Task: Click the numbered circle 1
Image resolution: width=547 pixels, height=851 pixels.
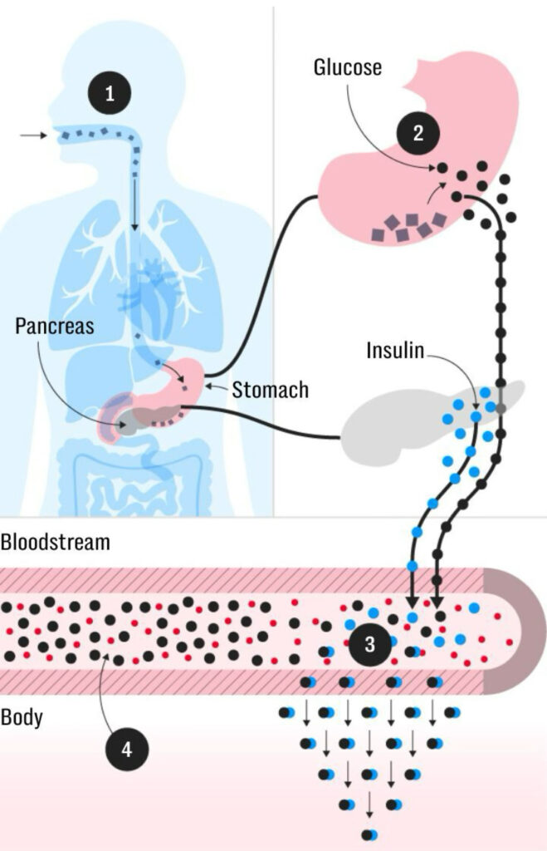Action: pos(110,93)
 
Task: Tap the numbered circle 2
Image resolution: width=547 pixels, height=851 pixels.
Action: pos(418,134)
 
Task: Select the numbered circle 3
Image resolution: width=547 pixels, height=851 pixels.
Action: pos(370,642)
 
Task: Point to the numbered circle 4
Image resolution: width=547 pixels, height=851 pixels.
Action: pos(126,749)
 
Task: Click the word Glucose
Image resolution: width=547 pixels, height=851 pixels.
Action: pos(347,66)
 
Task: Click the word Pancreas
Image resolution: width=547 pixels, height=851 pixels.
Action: pos(55,325)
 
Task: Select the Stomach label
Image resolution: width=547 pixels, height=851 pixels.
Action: pos(271,388)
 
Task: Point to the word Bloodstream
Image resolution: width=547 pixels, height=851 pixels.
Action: pos(55,544)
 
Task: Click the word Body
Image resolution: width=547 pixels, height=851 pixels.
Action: pos(23,716)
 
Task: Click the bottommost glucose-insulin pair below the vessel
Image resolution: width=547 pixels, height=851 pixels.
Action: pos(369,834)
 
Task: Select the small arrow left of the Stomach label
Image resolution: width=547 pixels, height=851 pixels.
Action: pos(218,386)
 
